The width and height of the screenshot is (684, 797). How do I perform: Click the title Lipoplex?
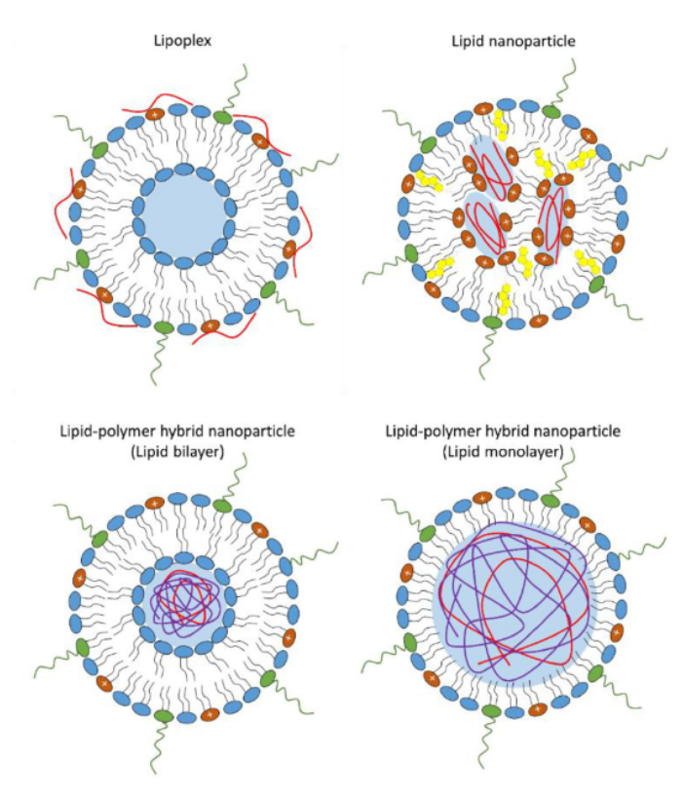point(182,41)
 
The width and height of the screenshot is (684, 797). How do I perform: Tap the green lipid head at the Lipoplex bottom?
point(164,327)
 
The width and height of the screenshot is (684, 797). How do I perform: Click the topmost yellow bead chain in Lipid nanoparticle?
point(500,124)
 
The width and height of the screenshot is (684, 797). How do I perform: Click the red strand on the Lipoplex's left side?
point(64,204)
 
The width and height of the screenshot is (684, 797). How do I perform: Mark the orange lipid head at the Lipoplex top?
point(155,114)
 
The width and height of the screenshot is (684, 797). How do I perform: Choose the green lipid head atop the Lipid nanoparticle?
point(551,111)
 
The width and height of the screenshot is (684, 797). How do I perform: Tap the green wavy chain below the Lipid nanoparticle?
point(487,354)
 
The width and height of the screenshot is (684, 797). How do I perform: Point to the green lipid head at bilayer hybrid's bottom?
point(164,716)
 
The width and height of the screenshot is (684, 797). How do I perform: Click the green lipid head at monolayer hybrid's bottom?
point(491,711)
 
